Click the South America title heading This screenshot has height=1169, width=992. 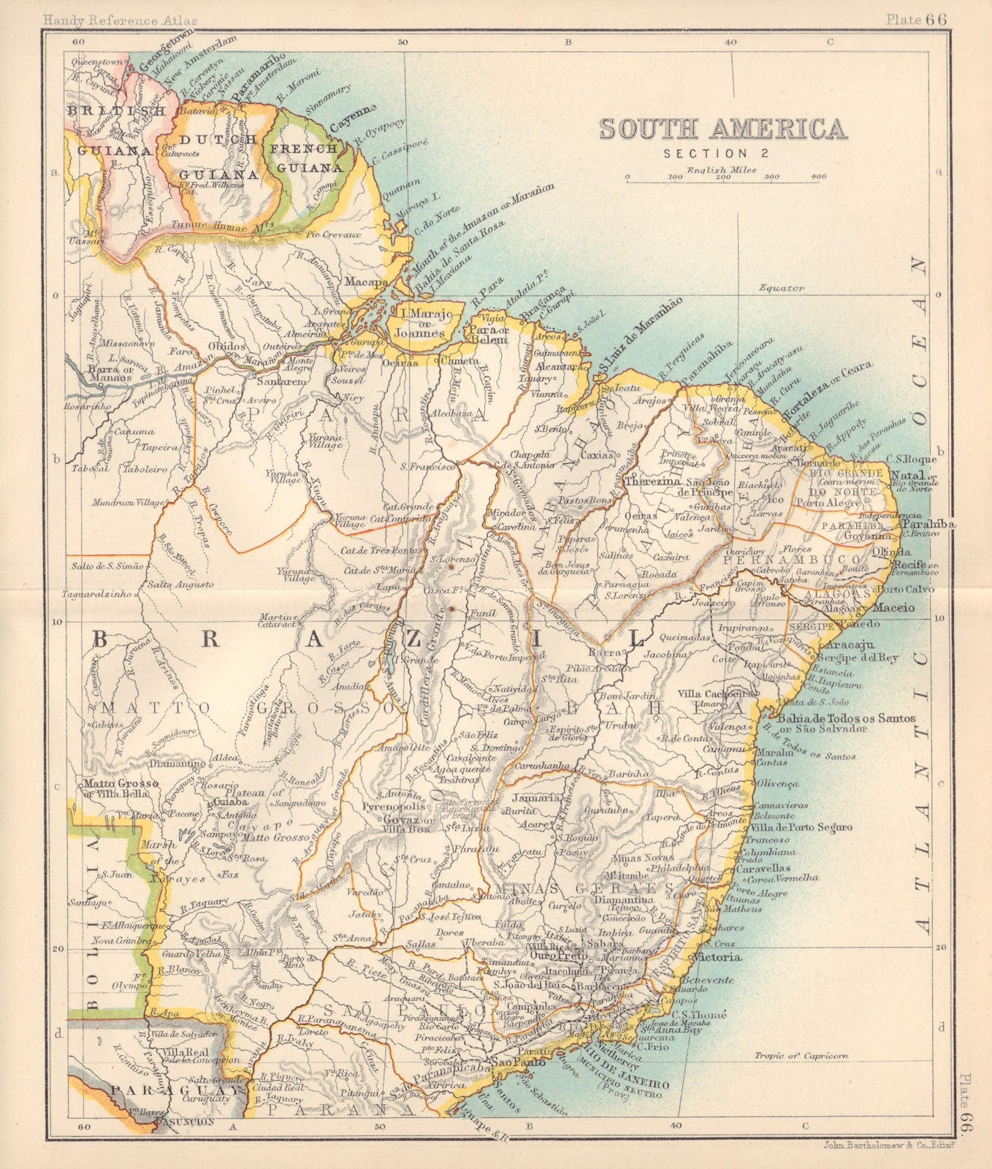click(x=722, y=129)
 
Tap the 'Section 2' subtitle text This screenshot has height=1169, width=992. click(x=706, y=153)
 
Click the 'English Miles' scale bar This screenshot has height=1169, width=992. click(x=725, y=177)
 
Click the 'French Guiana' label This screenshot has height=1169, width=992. click(x=306, y=158)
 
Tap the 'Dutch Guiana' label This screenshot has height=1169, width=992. click(x=210, y=156)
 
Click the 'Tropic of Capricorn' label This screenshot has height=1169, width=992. click(x=800, y=1055)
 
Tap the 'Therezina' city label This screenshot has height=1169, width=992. click(x=652, y=483)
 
